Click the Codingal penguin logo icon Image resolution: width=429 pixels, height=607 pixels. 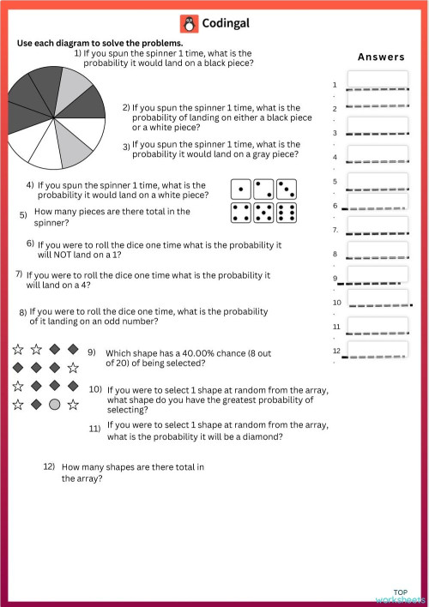[190, 24]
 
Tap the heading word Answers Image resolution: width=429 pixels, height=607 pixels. [381, 57]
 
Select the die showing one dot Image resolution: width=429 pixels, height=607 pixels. [241, 189]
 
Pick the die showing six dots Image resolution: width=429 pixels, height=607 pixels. [287, 213]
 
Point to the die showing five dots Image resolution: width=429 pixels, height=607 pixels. [264, 213]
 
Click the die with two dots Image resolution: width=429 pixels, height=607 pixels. [264, 189]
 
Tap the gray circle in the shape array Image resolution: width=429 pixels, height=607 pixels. [54, 404]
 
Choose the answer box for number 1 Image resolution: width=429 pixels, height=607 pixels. [378, 80]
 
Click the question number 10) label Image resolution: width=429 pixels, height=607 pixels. [96, 389]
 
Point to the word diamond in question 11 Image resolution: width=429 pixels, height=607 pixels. [254, 436]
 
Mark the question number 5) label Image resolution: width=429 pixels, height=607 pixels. [24, 214]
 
